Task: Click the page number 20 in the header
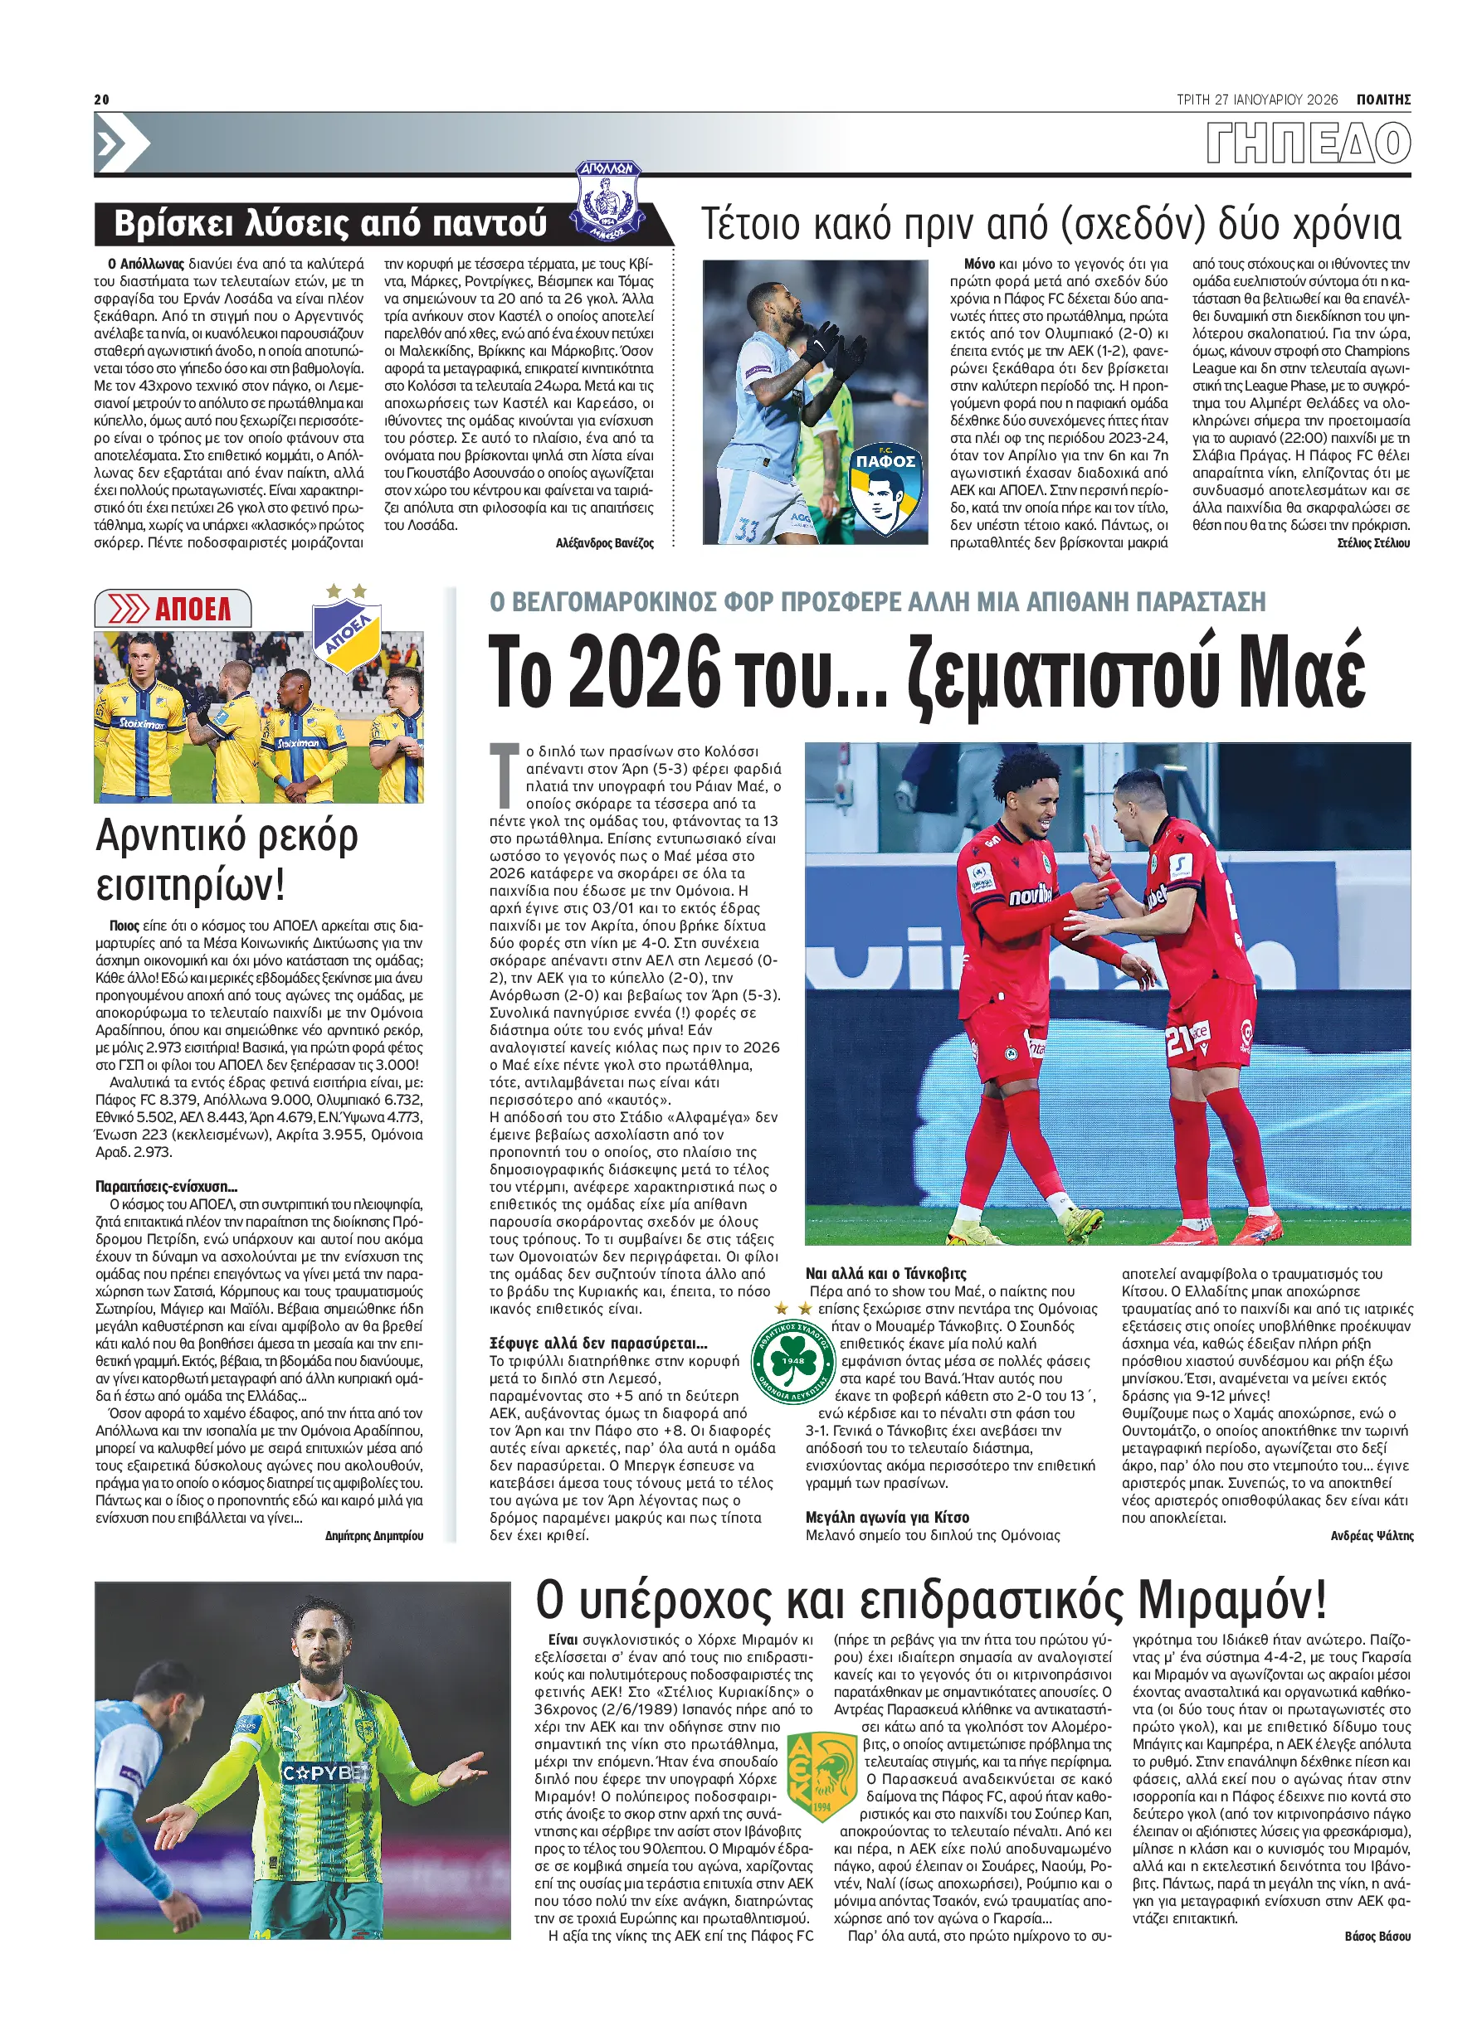(x=101, y=100)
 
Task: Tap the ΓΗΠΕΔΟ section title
(x=1308, y=143)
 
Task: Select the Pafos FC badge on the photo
(x=885, y=488)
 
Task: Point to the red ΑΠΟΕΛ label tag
(x=173, y=609)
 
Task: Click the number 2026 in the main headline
(x=644, y=673)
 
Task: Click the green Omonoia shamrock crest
(x=793, y=1361)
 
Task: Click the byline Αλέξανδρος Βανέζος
(x=604, y=542)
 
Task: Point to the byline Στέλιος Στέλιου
(x=1372, y=542)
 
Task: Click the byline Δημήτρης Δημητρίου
(x=374, y=1536)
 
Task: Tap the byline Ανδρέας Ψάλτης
(x=1372, y=1536)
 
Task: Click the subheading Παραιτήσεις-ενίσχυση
(x=167, y=1186)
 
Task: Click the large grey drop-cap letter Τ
(x=505, y=772)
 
